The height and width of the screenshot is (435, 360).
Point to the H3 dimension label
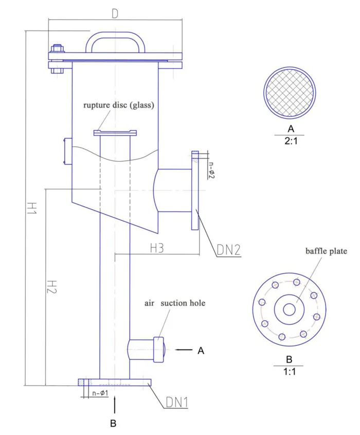[157, 248]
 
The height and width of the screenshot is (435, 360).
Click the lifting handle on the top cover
[115, 41]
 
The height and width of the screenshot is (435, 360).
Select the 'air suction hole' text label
[174, 303]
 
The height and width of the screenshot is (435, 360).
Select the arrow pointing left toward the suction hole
[183, 350]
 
